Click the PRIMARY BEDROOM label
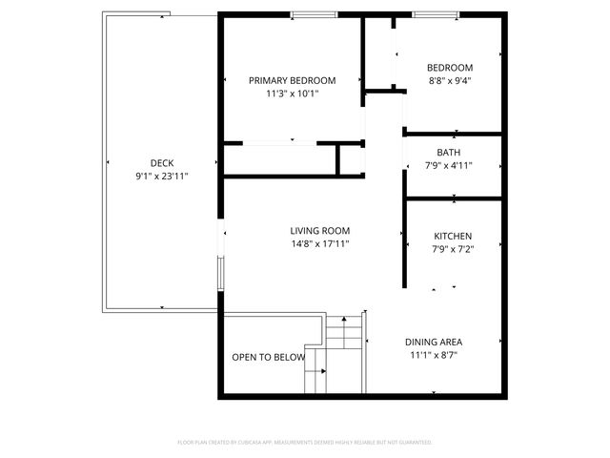292,80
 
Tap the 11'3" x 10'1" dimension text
292,94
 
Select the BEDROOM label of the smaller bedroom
450,68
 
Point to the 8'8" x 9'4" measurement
450,80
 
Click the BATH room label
448,153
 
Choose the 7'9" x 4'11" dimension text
448,165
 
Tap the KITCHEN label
453,237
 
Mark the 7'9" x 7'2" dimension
453,249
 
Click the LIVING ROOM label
320,231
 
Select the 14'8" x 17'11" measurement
320,243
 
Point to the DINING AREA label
434,343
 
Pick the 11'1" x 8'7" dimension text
434,355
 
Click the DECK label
162,163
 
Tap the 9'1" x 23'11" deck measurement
162,176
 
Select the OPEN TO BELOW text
268,358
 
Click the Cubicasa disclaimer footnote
305,443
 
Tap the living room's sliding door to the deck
221,258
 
